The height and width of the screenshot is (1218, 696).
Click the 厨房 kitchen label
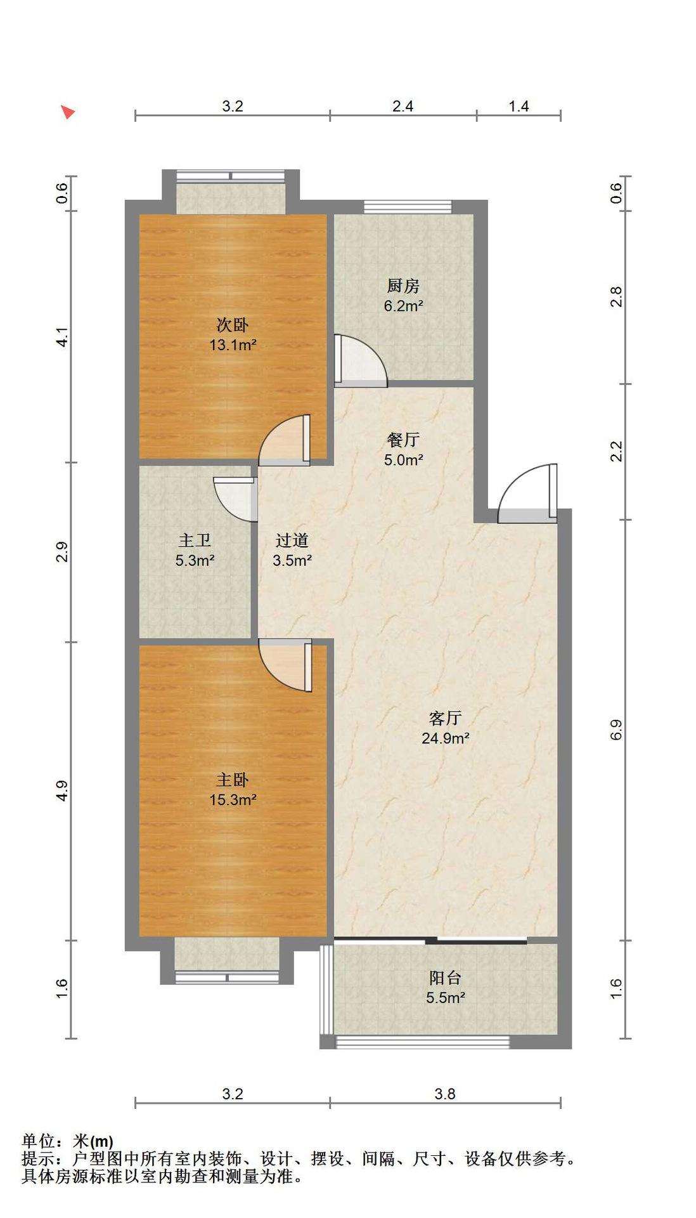(403, 286)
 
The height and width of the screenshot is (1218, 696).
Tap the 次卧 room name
(233, 325)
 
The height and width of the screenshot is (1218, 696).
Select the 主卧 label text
(233, 780)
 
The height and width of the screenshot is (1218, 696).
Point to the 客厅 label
(445, 718)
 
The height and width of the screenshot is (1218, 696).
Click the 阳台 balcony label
(445, 978)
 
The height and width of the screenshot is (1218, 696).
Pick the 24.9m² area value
(446, 738)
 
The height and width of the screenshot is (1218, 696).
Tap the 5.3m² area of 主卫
(195, 561)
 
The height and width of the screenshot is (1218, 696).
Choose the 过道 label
(292, 540)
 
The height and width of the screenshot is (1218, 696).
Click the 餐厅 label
(403, 440)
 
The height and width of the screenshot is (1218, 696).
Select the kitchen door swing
(361, 361)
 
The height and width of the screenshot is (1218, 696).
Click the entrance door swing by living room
(528, 494)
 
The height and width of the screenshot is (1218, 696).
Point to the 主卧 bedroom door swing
(286, 665)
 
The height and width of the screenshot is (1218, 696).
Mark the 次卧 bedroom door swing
(285, 440)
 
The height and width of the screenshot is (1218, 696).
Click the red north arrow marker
(68, 112)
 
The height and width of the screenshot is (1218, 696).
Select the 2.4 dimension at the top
(403, 106)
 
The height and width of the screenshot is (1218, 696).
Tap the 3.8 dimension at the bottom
(445, 1094)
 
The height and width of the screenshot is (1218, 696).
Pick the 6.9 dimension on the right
(617, 730)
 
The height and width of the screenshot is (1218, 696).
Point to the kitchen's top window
(408, 207)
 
